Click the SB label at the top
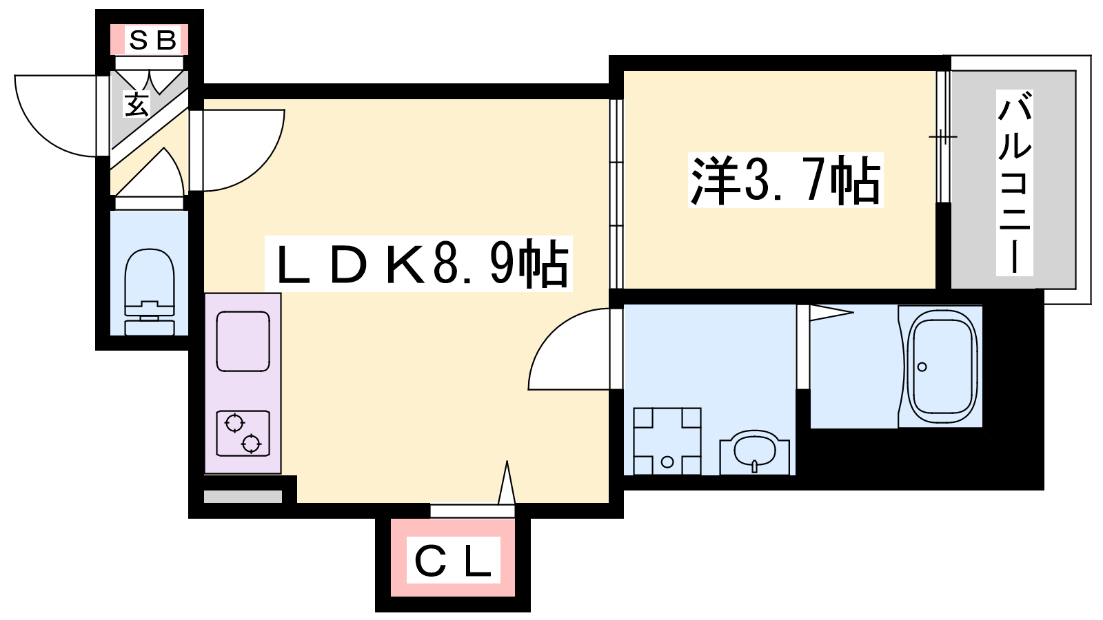(152, 41)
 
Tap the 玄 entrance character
(136, 104)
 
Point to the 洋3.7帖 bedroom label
(785, 180)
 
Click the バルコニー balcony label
(1014, 182)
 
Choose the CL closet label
(453, 562)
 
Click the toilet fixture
(150, 292)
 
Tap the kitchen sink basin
(243, 341)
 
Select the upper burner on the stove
(235, 423)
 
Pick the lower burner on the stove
(251, 444)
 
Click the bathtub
(943, 366)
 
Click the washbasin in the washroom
(754, 452)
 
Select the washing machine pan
(667, 442)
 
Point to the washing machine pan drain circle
(667, 462)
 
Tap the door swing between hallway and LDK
(261, 164)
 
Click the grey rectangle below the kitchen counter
(243, 497)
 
